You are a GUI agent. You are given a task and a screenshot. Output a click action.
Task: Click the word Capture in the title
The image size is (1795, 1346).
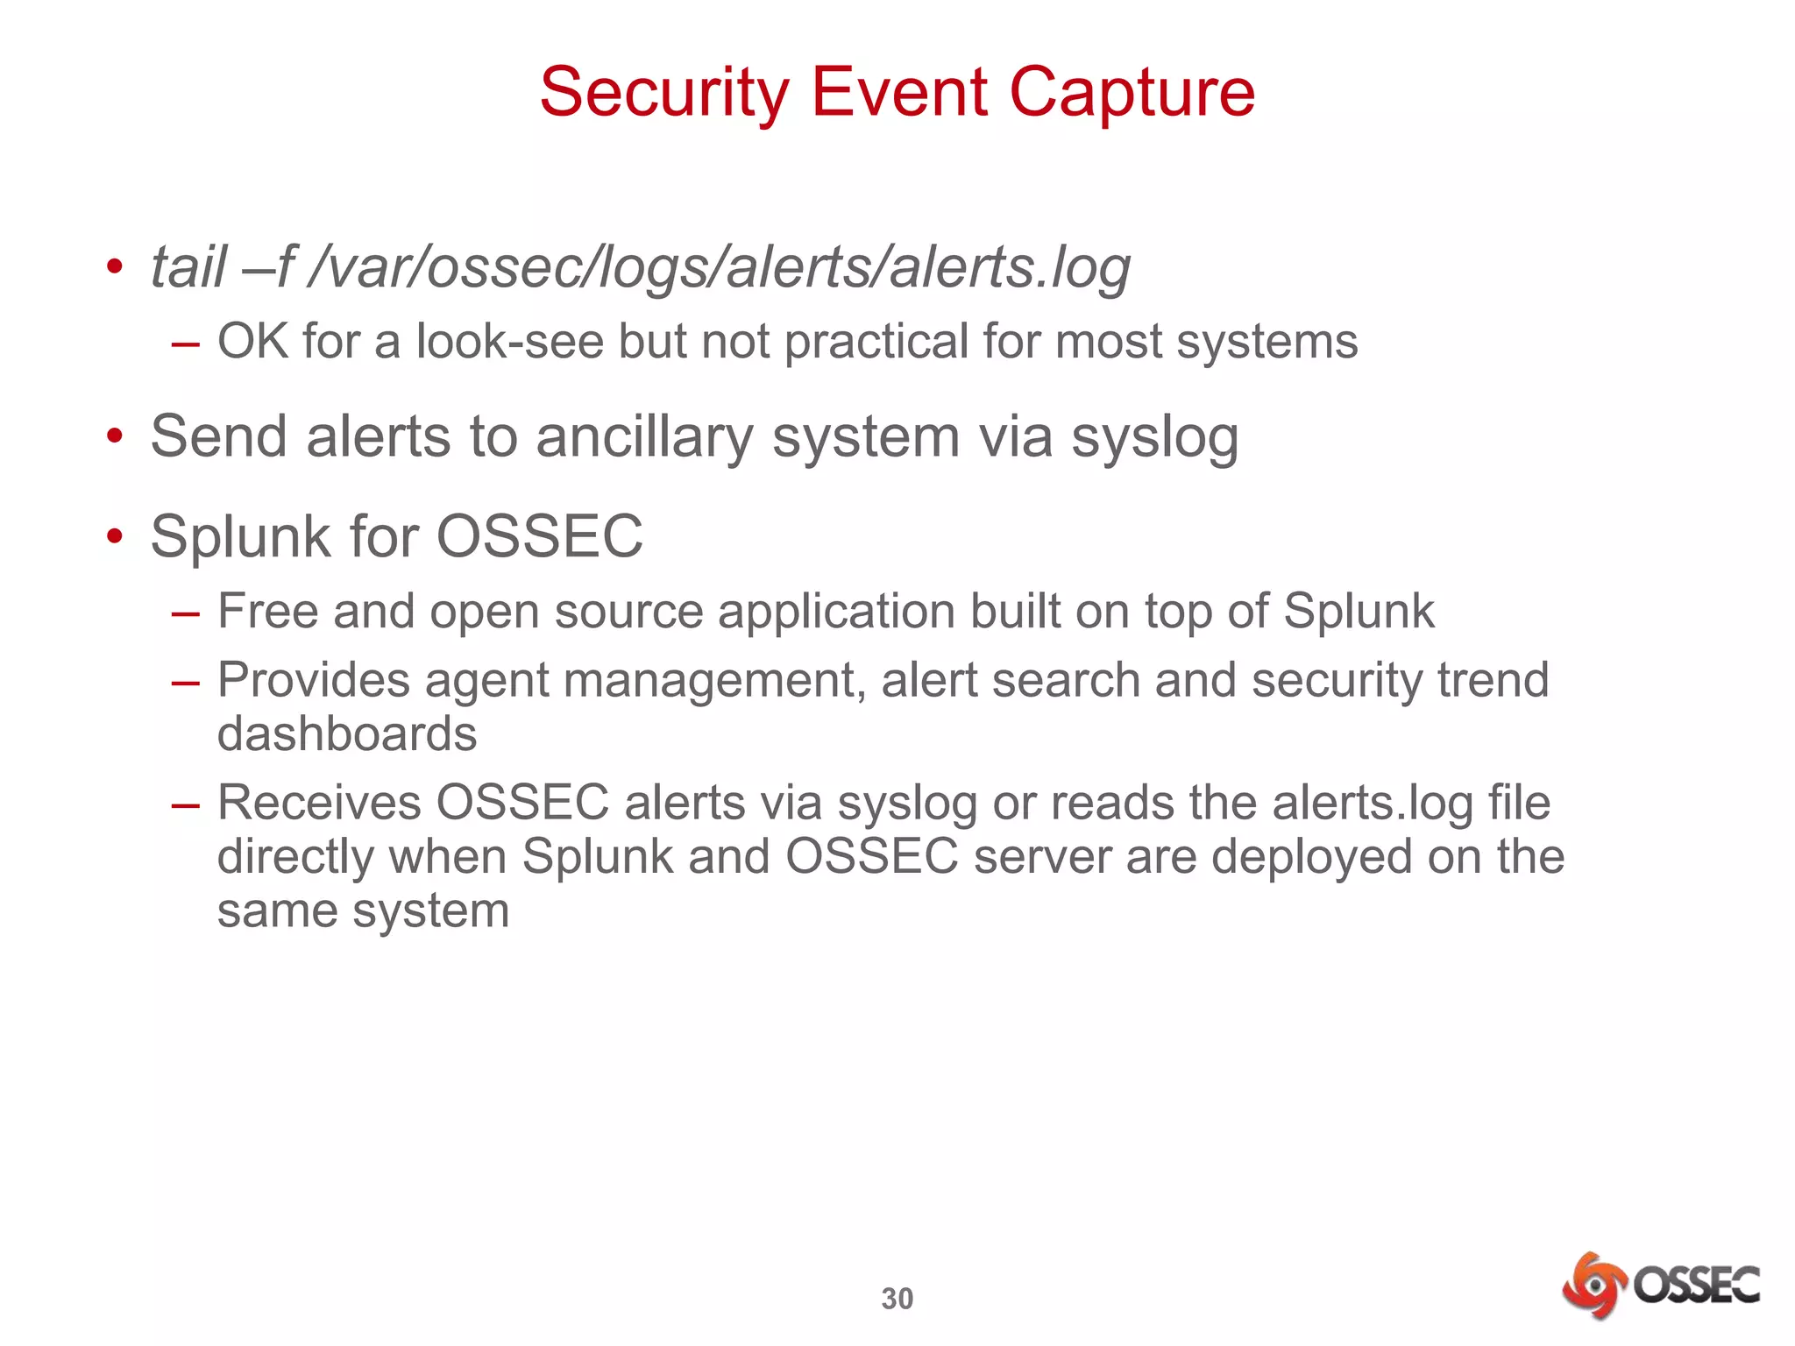click(x=1132, y=93)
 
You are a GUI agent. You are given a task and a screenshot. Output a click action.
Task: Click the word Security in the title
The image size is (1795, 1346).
click(x=664, y=93)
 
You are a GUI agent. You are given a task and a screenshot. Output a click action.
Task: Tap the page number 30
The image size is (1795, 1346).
click(x=897, y=1299)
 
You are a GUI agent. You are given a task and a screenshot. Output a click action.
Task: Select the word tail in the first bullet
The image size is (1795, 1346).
click(x=188, y=266)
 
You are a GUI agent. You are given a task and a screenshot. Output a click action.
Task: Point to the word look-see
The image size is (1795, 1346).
click(x=509, y=341)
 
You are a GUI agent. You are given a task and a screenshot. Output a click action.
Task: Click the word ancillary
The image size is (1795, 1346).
click(x=644, y=436)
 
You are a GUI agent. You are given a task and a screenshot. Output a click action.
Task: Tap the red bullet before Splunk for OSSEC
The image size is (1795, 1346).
click(x=115, y=536)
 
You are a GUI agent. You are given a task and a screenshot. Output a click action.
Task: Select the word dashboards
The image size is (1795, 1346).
click(x=347, y=733)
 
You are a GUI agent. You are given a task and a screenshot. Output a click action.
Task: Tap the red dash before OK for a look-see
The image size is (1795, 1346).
click(x=186, y=344)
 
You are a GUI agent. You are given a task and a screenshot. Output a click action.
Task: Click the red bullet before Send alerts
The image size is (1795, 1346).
click(x=115, y=436)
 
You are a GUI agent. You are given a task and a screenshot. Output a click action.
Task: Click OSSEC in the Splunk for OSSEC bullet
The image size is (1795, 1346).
click(x=539, y=536)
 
